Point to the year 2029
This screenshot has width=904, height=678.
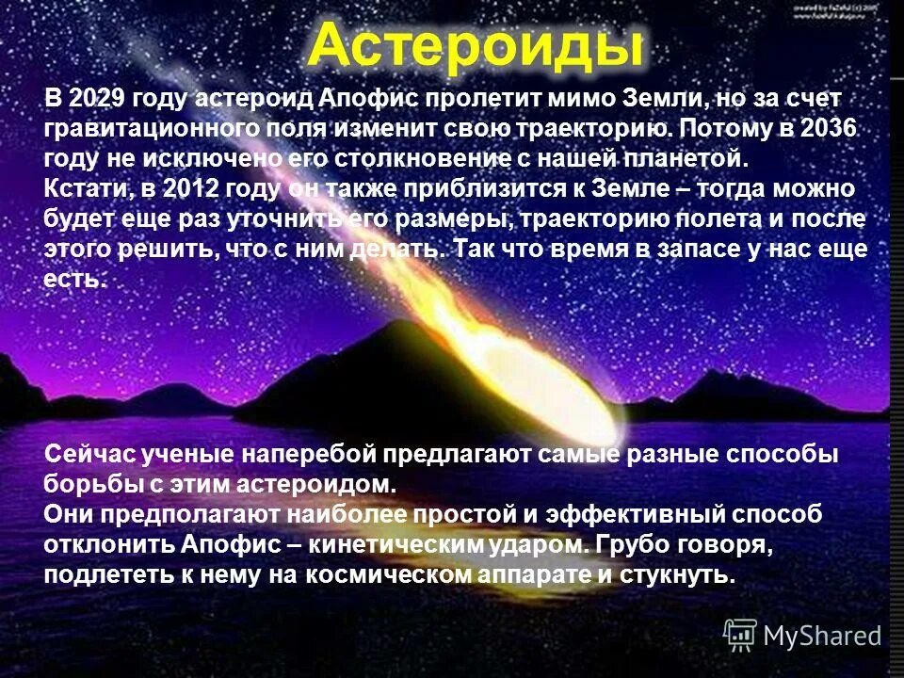[98, 99]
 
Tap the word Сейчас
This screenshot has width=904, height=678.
[89, 456]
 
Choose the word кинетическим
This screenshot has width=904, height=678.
[395, 546]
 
